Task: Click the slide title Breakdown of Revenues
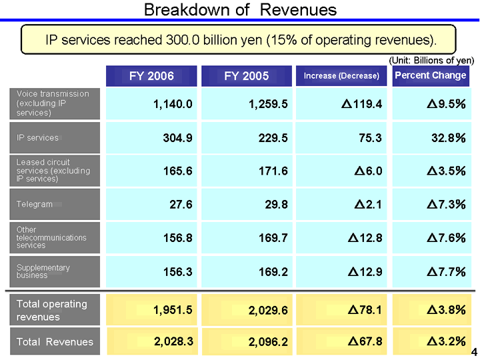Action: pos(240,10)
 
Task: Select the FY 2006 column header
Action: pos(151,76)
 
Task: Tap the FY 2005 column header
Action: pos(247,76)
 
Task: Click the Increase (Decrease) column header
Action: pos(341,76)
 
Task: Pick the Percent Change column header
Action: pos(430,75)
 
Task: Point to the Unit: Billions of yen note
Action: pos(431,60)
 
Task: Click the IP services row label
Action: pos(38,138)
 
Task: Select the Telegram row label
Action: pos(35,204)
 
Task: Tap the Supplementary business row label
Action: pos(43,271)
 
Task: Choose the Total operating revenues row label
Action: pos(51,310)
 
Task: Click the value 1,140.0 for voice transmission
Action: pos(173,104)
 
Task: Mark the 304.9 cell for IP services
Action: pos(178,138)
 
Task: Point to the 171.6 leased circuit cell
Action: pos(273,171)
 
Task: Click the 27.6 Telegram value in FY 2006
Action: pos(181,205)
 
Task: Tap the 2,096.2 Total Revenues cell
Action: pos(268,343)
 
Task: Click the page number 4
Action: pos(474,352)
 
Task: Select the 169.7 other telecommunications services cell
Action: pos(273,238)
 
